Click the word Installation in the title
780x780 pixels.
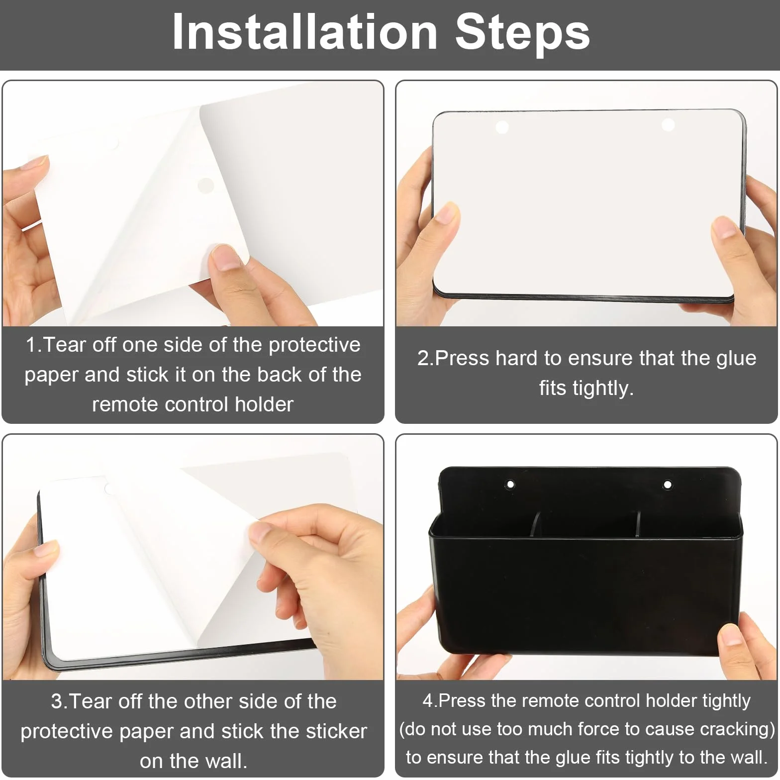[304, 32]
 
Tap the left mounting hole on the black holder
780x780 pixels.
[510, 484]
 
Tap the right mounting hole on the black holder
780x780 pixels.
[668, 484]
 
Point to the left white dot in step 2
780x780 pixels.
[502, 127]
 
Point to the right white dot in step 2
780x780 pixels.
[668, 124]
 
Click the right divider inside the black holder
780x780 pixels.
[637, 525]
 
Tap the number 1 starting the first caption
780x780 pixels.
[31, 345]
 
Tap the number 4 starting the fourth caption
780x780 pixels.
[428, 701]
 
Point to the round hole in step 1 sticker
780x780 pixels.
[206, 186]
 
